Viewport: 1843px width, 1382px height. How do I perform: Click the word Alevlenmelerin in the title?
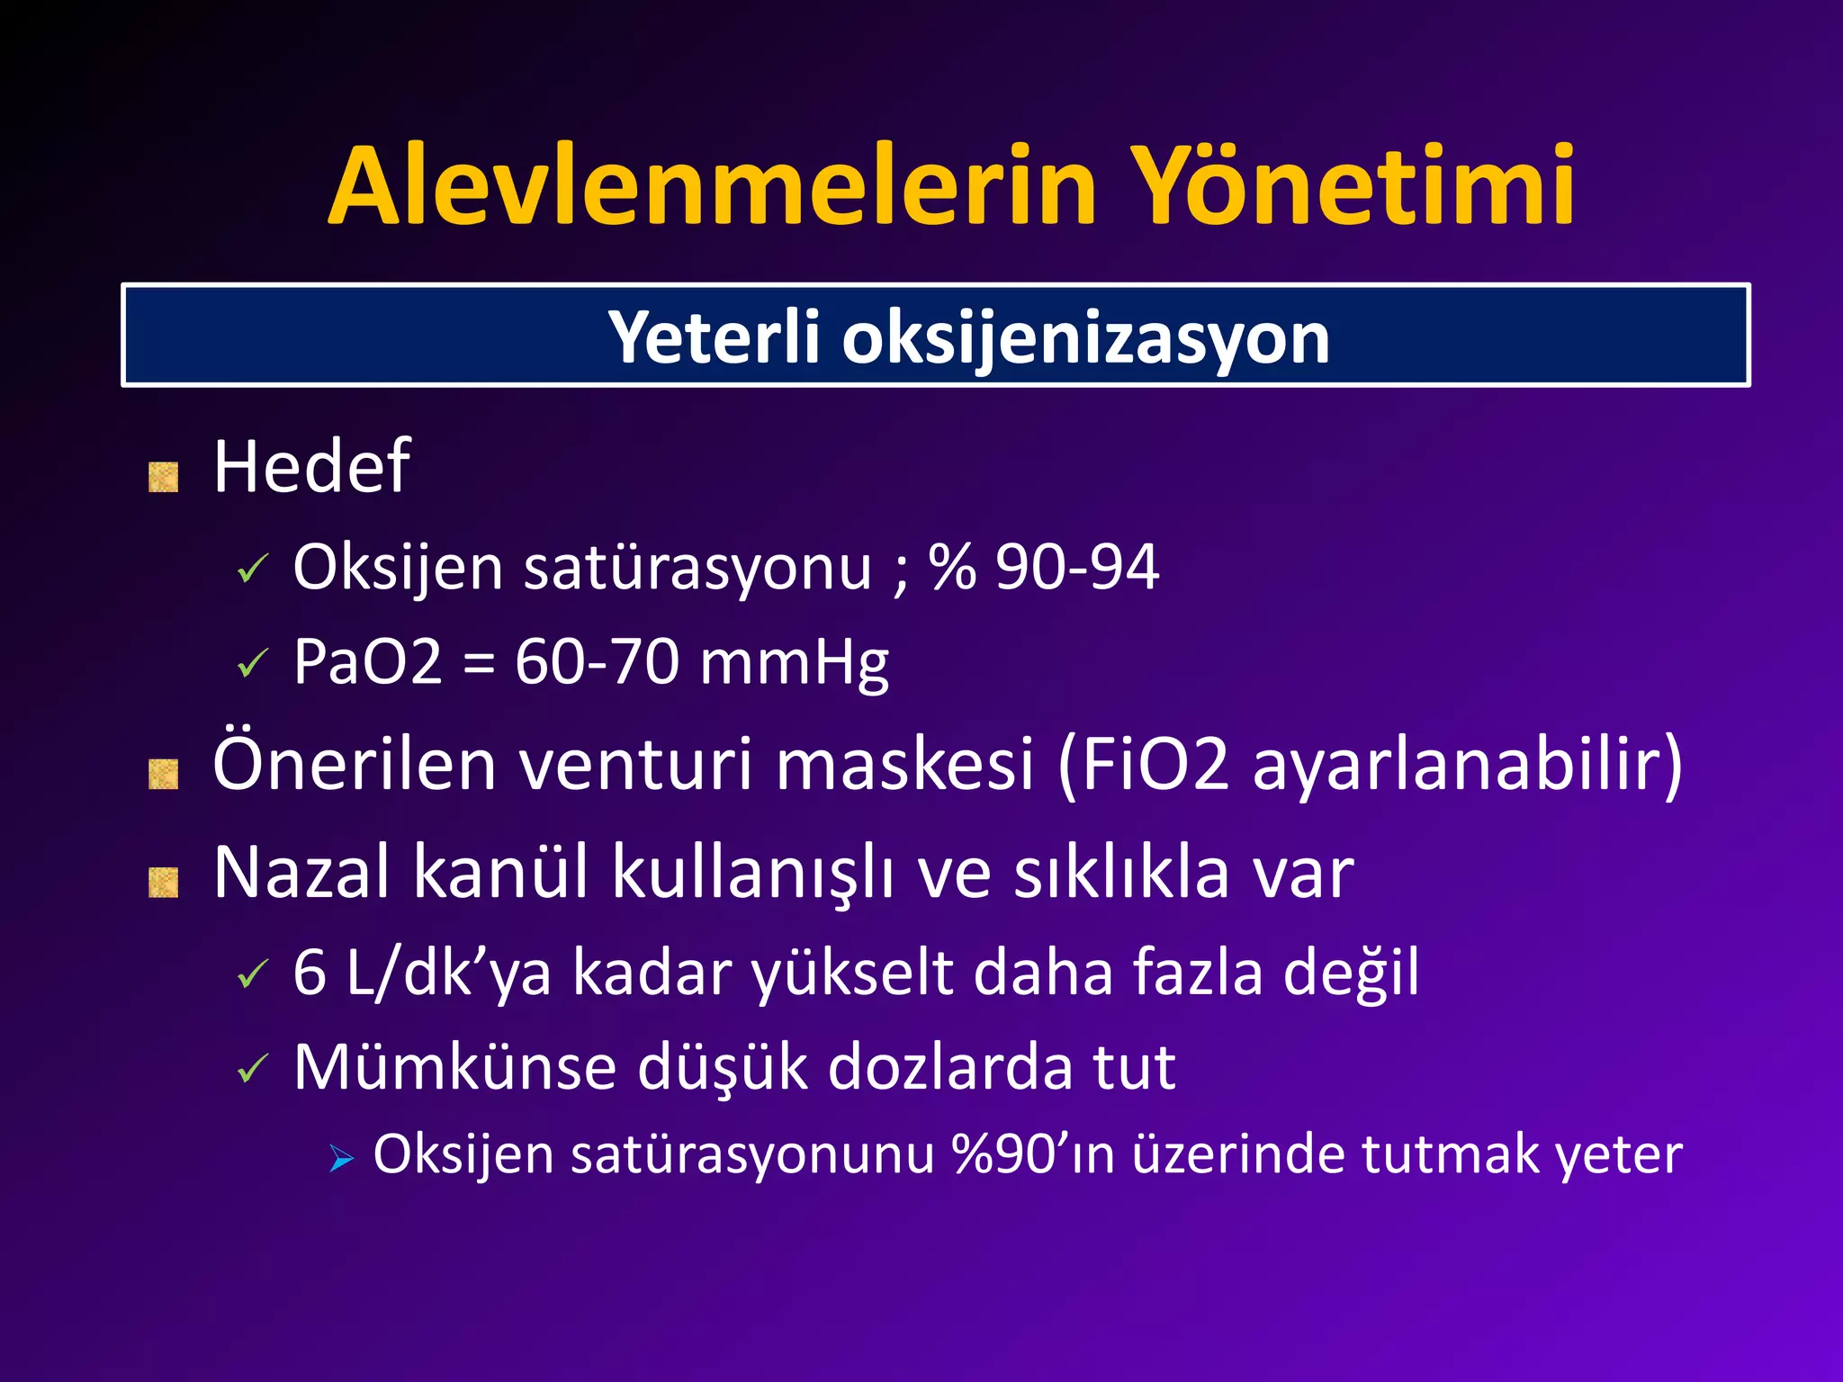click(711, 187)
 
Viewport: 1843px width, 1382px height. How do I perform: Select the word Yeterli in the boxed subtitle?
click(714, 338)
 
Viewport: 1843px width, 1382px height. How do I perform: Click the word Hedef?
click(311, 467)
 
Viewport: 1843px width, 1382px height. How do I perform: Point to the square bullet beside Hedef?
click(163, 477)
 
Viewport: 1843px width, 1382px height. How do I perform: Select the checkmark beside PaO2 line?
click(253, 665)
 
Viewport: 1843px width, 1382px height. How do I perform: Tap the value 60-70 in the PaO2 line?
click(596, 662)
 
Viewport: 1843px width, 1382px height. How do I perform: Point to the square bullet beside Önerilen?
click(163, 774)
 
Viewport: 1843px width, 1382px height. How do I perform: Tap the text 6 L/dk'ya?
click(422, 973)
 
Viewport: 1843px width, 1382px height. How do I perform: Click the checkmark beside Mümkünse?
click(253, 1070)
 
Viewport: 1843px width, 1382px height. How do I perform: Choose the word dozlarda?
click(949, 1068)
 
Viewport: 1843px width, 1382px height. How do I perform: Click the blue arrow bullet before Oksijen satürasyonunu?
click(341, 1159)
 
